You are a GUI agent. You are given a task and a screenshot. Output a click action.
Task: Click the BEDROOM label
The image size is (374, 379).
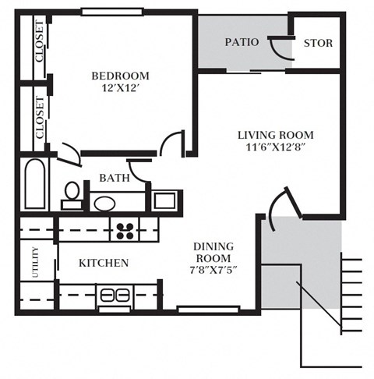click(x=120, y=76)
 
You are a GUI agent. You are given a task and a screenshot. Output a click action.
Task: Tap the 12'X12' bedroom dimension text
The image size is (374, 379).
click(x=120, y=89)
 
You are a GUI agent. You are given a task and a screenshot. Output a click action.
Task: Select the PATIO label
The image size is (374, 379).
click(x=242, y=42)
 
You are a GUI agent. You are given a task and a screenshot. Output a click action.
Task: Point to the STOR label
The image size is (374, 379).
click(x=317, y=43)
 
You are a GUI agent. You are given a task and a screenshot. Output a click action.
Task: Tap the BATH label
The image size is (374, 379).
click(x=115, y=179)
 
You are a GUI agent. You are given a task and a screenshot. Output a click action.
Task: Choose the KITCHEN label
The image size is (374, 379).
click(x=104, y=263)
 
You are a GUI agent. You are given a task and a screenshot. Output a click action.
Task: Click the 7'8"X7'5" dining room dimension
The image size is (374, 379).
click(x=213, y=271)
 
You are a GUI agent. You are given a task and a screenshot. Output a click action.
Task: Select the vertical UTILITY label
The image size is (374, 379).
click(x=36, y=262)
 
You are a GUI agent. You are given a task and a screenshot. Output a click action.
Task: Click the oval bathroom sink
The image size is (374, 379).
click(x=104, y=204)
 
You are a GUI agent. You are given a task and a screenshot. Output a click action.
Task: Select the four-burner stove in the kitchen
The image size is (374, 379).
click(x=124, y=228)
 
